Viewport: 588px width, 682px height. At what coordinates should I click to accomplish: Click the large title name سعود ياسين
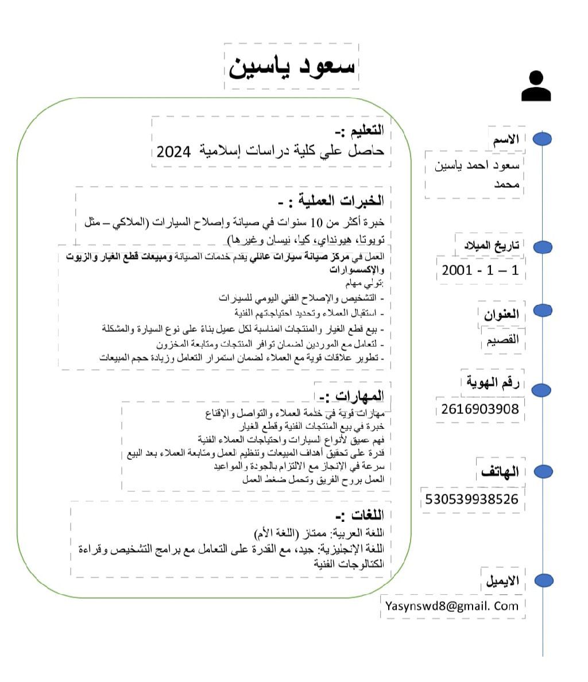pyautogui.click(x=292, y=67)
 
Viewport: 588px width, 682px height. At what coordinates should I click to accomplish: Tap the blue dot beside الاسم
pyautogui.click(x=543, y=139)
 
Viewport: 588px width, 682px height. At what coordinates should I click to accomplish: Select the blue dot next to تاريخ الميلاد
pyautogui.click(x=543, y=247)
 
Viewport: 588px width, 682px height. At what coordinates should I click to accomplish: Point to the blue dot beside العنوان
pyautogui.click(x=543, y=311)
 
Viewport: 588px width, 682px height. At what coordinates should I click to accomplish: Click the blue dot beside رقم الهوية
pyautogui.click(x=543, y=390)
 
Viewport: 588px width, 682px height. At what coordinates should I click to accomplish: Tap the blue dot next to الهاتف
pyautogui.click(x=543, y=471)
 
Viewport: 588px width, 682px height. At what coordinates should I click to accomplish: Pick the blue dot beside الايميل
pyautogui.click(x=543, y=580)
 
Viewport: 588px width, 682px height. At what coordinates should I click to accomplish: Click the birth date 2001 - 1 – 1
pyautogui.click(x=480, y=270)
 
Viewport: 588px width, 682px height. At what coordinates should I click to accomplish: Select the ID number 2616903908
pyautogui.click(x=480, y=409)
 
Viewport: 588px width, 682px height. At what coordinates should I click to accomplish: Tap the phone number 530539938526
pyautogui.click(x=471, y=499)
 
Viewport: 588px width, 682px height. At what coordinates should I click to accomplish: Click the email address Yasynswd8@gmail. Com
pyautogui.click(x=452, y=606)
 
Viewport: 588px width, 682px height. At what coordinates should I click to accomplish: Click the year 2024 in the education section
pyautogui.click(x=173, y=152)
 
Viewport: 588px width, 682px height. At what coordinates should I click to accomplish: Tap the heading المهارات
pyautogui.click(x=351, y=396)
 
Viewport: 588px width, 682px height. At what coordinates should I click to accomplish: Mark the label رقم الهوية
pyautogui.click(x=493, y=382)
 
